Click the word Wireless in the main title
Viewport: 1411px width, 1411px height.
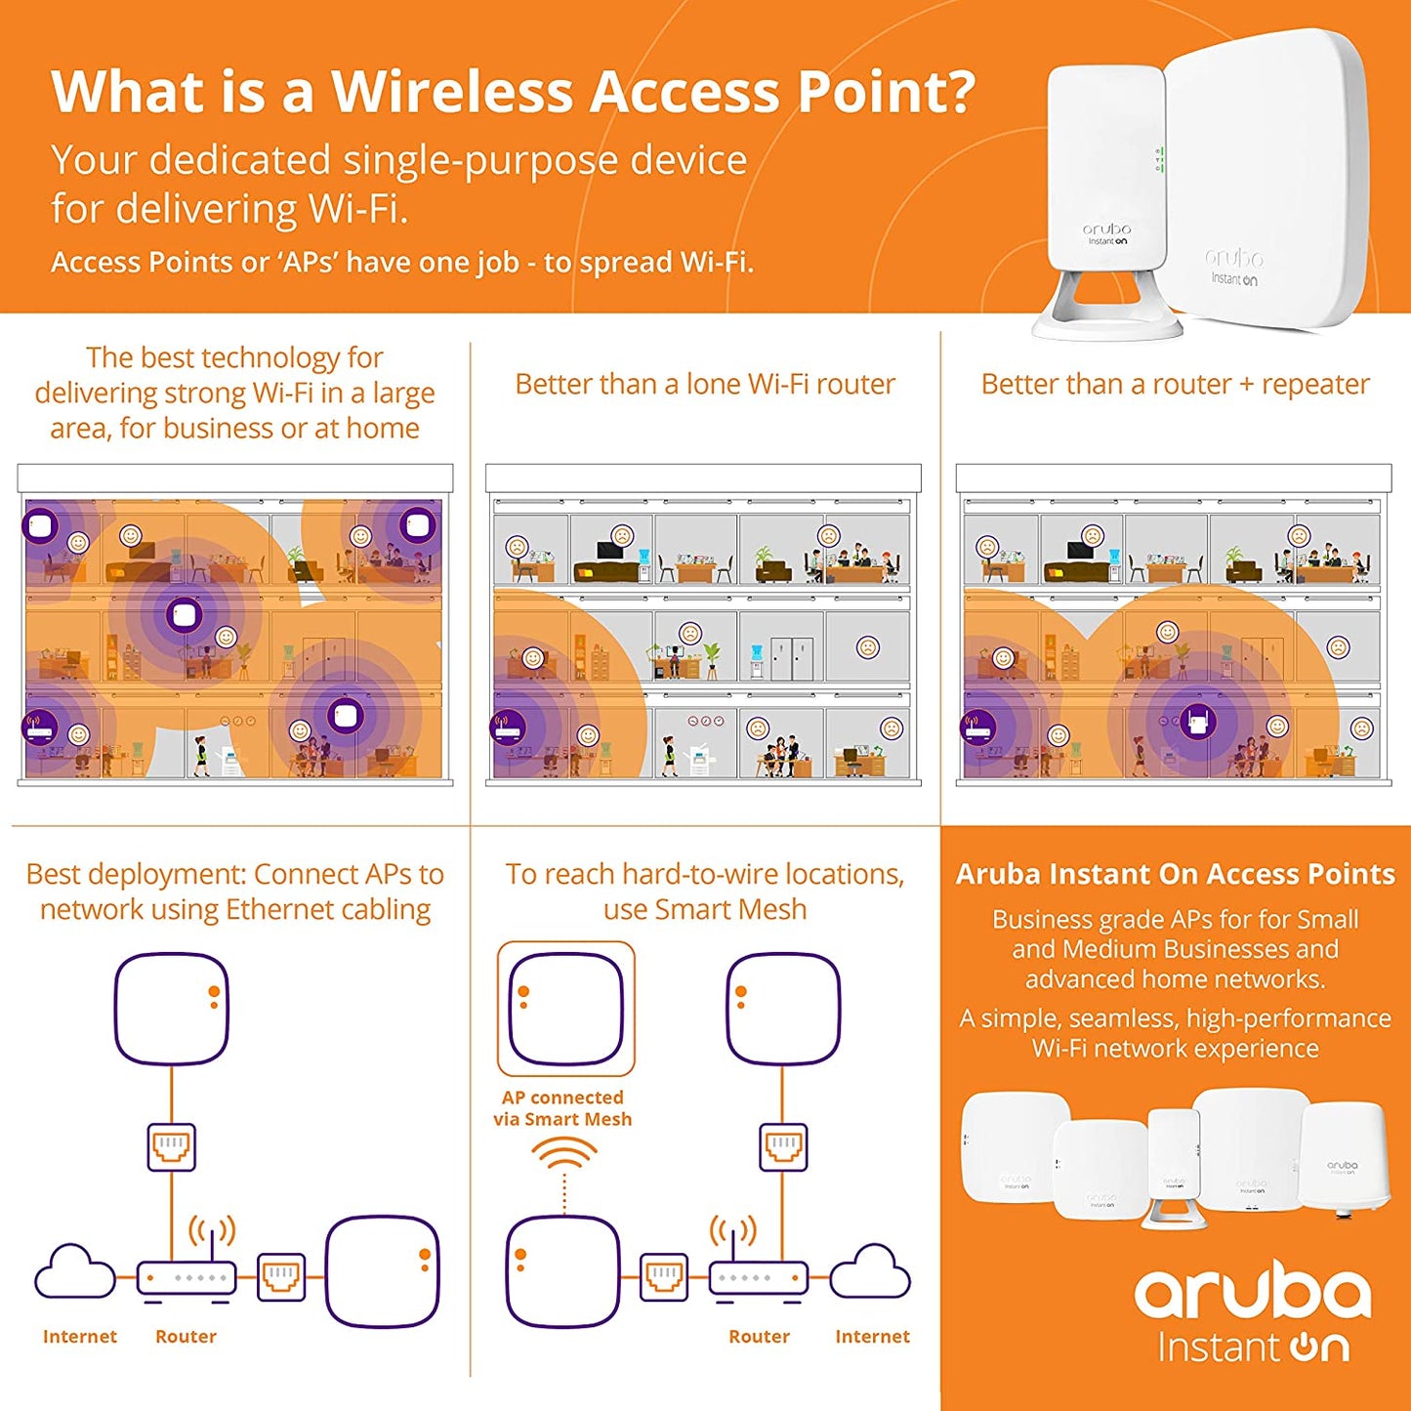452,92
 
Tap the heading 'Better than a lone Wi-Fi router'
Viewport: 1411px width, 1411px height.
704,385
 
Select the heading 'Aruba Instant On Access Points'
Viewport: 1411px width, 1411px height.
1175,874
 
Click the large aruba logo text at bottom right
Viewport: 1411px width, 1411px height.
1252,1293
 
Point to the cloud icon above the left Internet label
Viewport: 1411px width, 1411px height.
75,1271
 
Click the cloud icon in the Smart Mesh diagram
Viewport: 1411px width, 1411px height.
870,1271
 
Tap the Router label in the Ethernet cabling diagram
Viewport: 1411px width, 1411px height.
186,1337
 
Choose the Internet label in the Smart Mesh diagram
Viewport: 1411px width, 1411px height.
872,1337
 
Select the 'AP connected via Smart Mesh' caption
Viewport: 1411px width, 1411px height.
562,1108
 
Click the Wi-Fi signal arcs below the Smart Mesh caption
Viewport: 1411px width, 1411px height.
564,1153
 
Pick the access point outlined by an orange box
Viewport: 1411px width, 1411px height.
565,1009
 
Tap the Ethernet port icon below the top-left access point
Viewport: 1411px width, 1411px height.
172,1146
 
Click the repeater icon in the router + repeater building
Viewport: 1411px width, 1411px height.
1197,724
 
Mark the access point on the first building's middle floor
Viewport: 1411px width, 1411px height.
184,616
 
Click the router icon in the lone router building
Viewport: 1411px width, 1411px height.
508,726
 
